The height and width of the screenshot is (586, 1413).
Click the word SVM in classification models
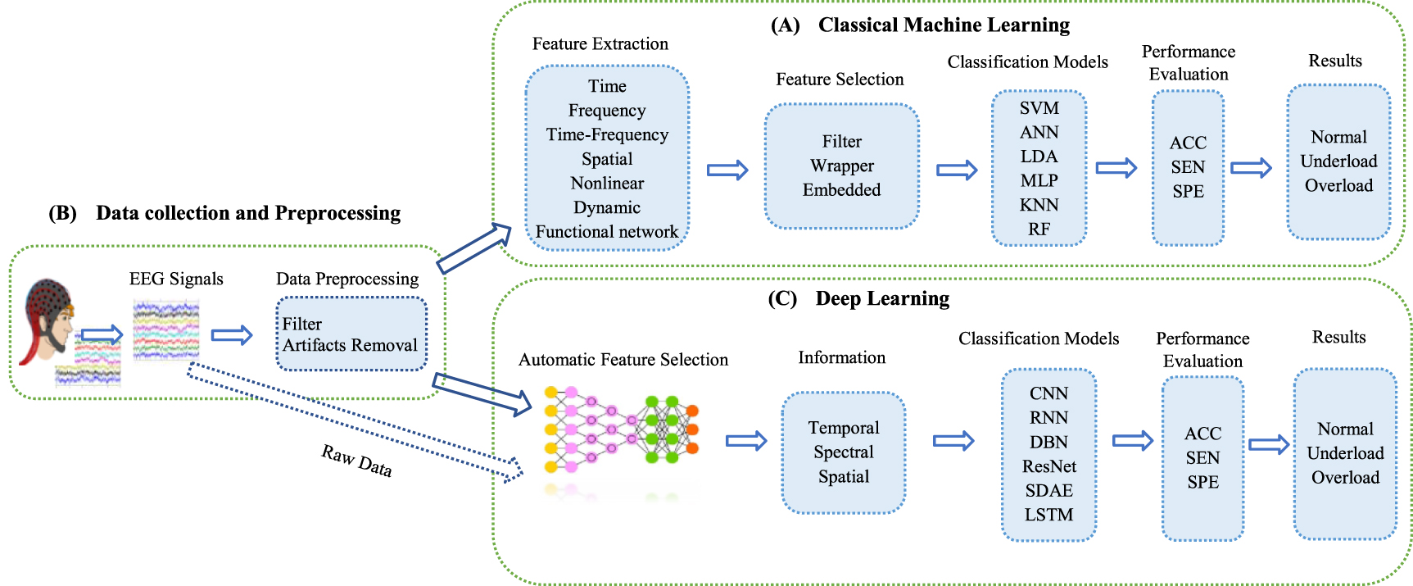point(1039,108)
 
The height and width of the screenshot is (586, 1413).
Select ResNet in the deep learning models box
point(1048,466)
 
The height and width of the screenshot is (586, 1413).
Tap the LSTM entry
point(1048,515)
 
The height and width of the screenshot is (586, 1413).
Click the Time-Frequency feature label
point(607,134)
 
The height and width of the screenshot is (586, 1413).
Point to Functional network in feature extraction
point(607,232)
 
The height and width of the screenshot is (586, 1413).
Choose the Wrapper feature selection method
point(842,166)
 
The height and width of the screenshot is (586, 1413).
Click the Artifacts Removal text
point(350,345)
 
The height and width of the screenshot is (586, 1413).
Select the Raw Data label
point(356,461)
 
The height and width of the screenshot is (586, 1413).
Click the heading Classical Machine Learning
point(944,25)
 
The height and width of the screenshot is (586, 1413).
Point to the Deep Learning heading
point(882,298)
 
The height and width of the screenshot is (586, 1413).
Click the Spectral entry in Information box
point(844,452)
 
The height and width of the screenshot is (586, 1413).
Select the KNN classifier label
point(1039,205)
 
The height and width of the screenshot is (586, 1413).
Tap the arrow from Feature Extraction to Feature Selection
point(727,170)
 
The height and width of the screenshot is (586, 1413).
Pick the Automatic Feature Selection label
point(623,359)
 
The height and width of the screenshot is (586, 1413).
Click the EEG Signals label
point(176,279)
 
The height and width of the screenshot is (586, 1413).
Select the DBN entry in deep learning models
point(1048,442)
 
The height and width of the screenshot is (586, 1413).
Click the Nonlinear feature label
point(607,183)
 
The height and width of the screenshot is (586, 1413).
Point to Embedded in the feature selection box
point(842,190)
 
